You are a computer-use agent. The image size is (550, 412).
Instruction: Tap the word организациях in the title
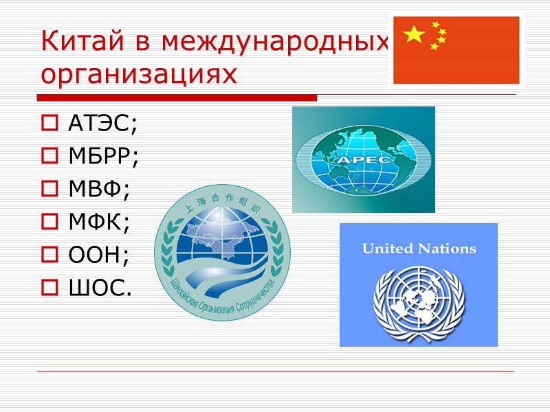coord(138,74)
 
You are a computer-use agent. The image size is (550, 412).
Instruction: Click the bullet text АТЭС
coord(103,125)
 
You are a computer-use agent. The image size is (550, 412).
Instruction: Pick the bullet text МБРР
coord(103,157)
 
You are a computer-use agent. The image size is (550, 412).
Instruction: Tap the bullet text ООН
coord(98,254)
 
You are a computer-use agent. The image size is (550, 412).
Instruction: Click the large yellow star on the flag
coord(415,34)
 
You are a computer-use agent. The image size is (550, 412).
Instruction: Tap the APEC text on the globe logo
coord(364,159)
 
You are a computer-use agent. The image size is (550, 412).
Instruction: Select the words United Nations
coord(419,249)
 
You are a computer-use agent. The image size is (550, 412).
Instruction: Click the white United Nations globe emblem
coord(419,299)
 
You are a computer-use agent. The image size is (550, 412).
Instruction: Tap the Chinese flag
coord(456,49)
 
